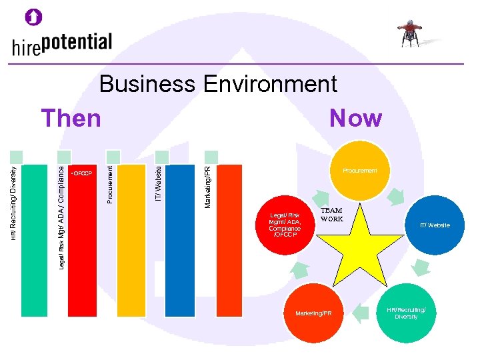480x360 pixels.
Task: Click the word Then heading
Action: [71, 119]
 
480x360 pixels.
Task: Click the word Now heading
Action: [356, 119]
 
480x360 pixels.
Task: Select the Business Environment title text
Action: [218, 85]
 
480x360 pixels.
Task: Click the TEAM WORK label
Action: [331, 215]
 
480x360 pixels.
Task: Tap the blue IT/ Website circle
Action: [434, 225]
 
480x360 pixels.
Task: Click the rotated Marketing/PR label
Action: [207, 177]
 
